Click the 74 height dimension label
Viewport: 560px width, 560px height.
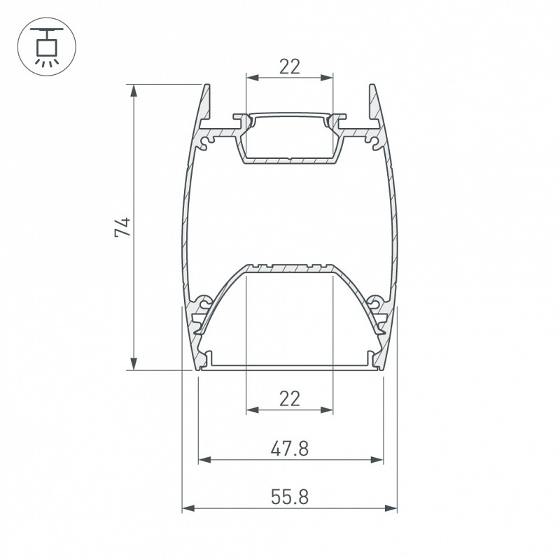(x=123, y=227)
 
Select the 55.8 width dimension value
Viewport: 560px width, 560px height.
(x=290, y=497)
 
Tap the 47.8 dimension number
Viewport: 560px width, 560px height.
(x=290, y=449)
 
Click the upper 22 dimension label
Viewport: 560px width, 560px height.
(x=290, y=66)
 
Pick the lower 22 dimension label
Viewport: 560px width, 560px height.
(x=290, y=398)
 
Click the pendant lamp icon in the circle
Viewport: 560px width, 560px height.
(x=47, y=47)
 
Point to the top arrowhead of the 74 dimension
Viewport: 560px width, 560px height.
(x=134, y=91)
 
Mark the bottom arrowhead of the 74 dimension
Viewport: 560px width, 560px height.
(x=134, y=364)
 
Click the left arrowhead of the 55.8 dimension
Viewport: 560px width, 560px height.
(x=188, y=508)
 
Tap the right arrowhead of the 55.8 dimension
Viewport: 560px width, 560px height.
(x=391, y=508)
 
